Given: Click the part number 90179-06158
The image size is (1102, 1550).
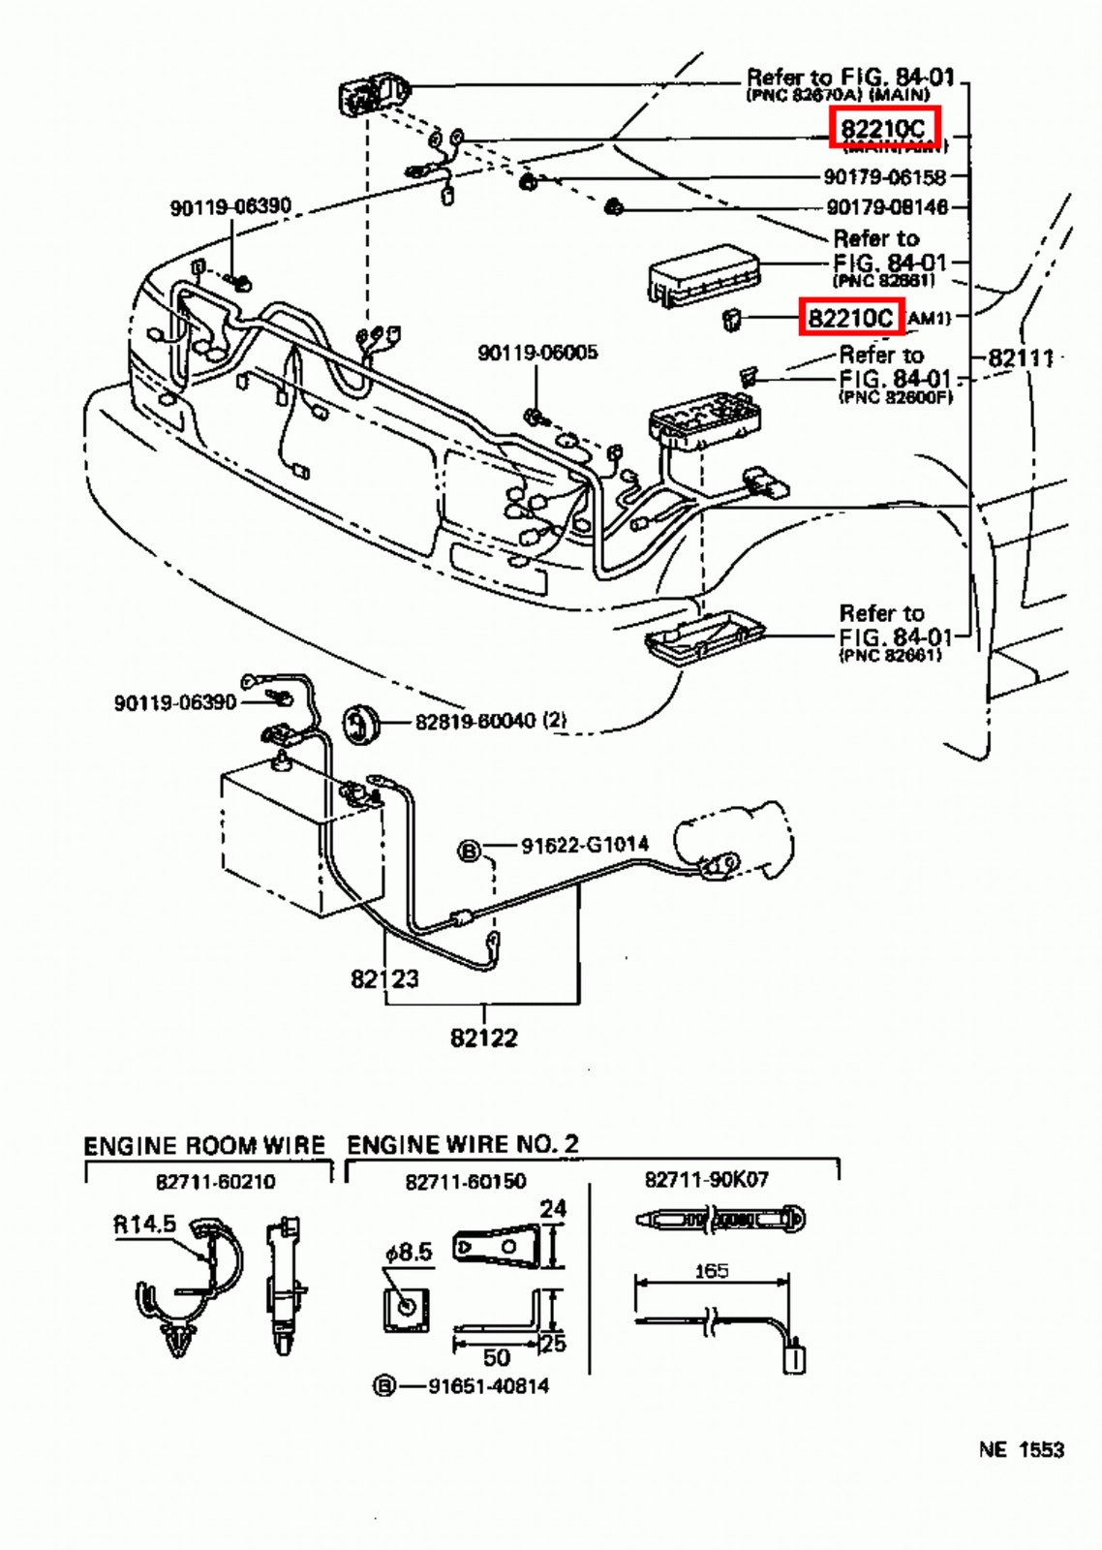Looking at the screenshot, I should (x=884, y=177).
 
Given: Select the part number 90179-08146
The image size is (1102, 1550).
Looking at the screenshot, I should (x=886, y=206).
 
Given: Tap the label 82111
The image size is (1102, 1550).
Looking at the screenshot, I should (x=1021, y=358).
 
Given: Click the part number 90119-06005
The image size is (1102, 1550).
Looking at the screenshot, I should (x=537, y=353).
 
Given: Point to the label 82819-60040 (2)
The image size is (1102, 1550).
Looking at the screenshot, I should (x=490, y=721).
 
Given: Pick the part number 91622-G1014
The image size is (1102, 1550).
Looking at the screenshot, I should (x=584, y=846).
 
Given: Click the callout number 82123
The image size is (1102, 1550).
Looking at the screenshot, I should (x=384, y=978).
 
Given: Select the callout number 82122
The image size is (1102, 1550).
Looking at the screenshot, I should (x=483, y=1038).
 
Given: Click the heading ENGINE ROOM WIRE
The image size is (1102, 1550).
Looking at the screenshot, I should (x=204, y=1145).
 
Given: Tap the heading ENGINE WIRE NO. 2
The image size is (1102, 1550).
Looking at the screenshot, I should (x=463, y=1144).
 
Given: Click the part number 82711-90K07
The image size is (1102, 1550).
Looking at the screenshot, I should (x=706, y=1180).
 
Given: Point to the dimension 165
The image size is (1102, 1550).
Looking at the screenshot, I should (x=712, y=1271).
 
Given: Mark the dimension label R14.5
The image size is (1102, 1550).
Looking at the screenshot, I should (x=145, y=1224).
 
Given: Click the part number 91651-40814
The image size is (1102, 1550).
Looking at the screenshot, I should (x=488, y=1386).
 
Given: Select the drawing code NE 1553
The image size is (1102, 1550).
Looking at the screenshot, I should (x=1021, y=1450).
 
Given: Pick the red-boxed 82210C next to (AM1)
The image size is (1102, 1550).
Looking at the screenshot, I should (x=850, y=318).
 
